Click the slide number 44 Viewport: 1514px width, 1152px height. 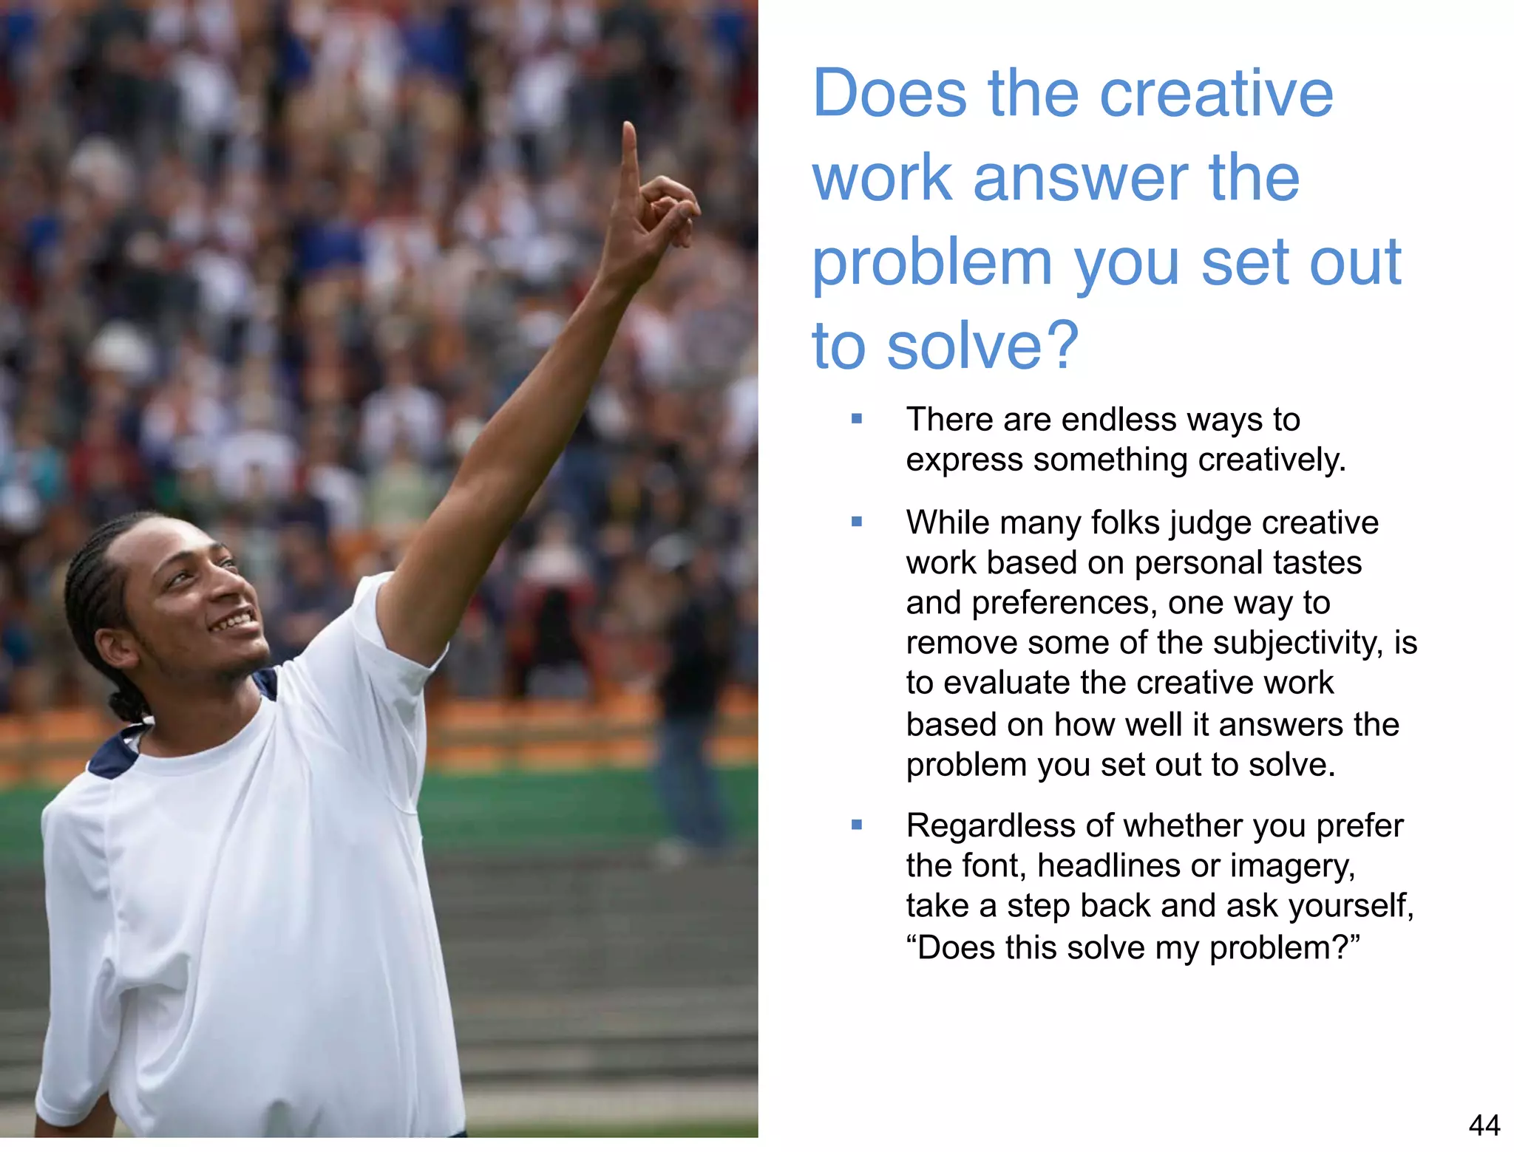[x=1484, y=1125]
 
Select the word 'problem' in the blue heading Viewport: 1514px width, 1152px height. [x=932, y=263]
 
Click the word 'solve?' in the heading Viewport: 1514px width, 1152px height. [x=983, y=346]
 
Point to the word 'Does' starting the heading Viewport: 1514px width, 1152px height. [x=889, y=94]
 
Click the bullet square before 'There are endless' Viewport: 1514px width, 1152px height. [x=857, y=419]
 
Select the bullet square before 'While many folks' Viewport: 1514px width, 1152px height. [x=857, y=522]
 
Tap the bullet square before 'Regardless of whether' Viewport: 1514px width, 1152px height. [x=857, y=825]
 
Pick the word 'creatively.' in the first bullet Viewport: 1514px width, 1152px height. [x=1272, y=460]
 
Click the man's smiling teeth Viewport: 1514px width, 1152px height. [x=233, y=619]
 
